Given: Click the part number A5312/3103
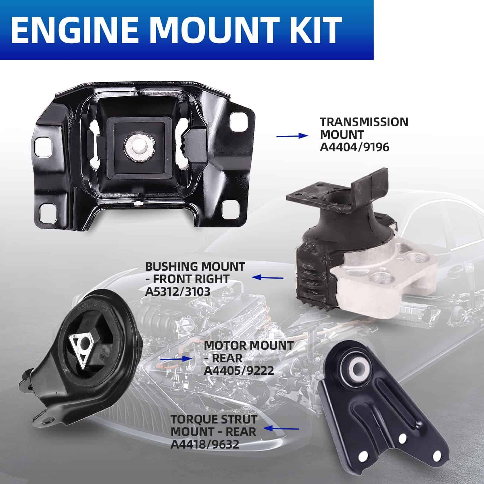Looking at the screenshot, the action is pos(178,291).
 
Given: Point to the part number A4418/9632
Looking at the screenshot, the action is pos(205,444).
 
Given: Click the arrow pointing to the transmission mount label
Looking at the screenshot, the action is pos(292,136).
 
